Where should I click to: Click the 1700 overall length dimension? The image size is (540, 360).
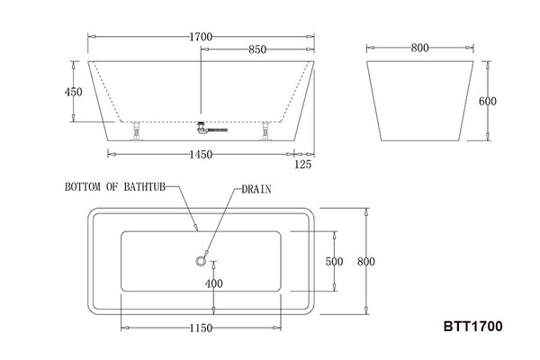pyautogui.click(x=202, y=37)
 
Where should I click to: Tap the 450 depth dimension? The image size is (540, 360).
pyautogui.click(x=74, y=92)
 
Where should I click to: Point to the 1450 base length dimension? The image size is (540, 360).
pyautogui.click(x=201, y=155)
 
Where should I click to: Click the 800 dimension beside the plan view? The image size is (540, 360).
pyautogui.click(x=365, y=262)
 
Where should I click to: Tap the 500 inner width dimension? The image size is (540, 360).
pyautogui.click(x=335, y=262)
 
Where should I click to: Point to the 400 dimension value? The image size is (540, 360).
pyautogui.click(x=213, y=284)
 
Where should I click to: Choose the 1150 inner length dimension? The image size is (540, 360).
pyautogui.click(x=201, y=328)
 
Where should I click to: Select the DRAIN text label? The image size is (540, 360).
pyautogui.click(x=256, y=190)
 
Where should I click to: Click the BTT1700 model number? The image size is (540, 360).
pyautogui.click(x=472, y=328)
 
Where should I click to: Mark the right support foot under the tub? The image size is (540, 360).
pyautogui.click(x=265, y=131)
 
